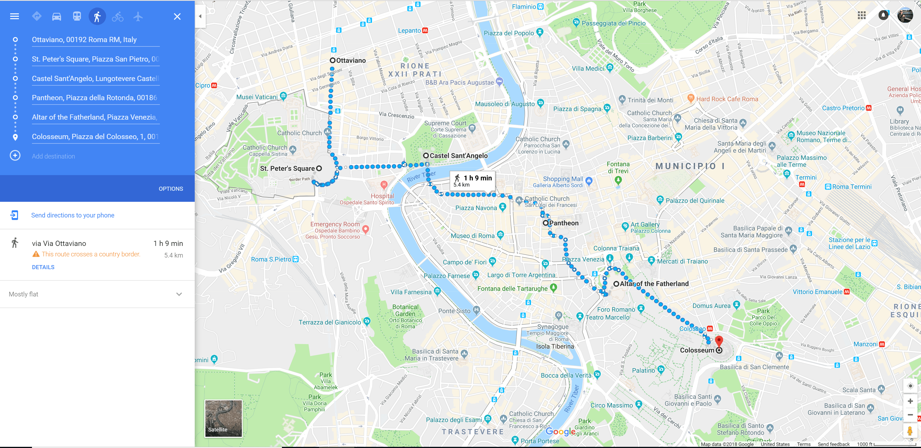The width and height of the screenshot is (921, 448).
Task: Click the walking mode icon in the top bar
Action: point(97,17)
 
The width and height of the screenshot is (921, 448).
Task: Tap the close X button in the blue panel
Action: point(177,17)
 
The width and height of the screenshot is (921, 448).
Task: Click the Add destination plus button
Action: point(15,156)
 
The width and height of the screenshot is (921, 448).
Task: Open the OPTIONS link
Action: point(171,189)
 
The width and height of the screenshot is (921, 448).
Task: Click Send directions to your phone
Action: point(73,215)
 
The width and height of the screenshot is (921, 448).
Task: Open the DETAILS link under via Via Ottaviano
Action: point(43,267)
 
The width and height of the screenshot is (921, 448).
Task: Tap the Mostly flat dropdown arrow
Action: point(179,294)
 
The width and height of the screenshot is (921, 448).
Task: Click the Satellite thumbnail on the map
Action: point(223,418)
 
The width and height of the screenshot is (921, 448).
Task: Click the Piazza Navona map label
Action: point(476,208)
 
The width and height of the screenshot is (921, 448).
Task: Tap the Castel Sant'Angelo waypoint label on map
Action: point(458,156)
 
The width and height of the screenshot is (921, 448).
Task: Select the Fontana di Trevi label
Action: point(618,168)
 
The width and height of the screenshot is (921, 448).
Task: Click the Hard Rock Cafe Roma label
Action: point(727,99)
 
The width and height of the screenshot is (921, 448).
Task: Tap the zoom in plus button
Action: point(910,401)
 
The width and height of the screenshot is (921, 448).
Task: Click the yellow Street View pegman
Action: point(910,431)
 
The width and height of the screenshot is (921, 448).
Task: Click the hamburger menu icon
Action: point(15,17)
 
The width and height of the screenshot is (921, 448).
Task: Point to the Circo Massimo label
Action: point(611,405)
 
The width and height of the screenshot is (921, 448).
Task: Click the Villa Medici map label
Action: point(588,69)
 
